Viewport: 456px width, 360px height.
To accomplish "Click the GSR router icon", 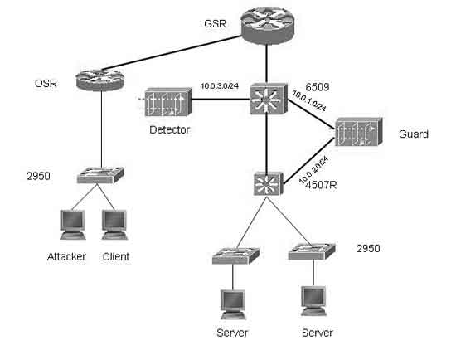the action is pyautogui.click(x=267, y=26).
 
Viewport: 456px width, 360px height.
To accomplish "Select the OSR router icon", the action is pyautogui.click(x=100, y=80).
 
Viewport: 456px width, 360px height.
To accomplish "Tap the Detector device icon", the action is pyautogui.click(x=168, y=102).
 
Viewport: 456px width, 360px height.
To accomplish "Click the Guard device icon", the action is pyautogui.click(x=358, y=132).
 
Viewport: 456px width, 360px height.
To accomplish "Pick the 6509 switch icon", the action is pyautogui.click(x=268, y=99).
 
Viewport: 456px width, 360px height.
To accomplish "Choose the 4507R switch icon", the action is pyautogui.click(x=268, y=183).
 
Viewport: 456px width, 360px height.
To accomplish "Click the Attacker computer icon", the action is pyautogui.click(x=72, y=225).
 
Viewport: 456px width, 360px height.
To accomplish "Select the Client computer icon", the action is pyautogui.click(x=114, y=225).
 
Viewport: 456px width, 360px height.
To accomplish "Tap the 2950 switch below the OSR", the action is pyautogui.click(x=100, y=175).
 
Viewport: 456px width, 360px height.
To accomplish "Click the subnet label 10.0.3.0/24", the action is pyautogui.click(x=220, y=86).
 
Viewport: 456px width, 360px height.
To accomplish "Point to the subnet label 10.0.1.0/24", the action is pyautogui.click(x=309, y=101).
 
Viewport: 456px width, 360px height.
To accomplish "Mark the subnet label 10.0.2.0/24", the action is pyautogui.click(x=313, y=170).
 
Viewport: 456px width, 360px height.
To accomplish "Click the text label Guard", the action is pyautogui.click(x=414, y=134).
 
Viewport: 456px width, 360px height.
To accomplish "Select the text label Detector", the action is pyautogui.click(x=169, y=129).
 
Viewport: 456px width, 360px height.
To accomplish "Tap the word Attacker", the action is pyautogui.click(x=66, y=256).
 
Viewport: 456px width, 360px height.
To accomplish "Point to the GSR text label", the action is pyautogui.click(x=216, y=23).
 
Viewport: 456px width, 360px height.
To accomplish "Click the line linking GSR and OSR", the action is pyautogui.click(x=172, y=53).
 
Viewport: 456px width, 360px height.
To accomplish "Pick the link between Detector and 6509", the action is pyautogui.click(x=221, y=100).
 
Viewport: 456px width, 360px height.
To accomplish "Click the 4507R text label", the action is pyautogui.click(x=321, y=185).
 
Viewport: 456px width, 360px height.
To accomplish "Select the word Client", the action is pyautogui.click(x=116, y=256).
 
